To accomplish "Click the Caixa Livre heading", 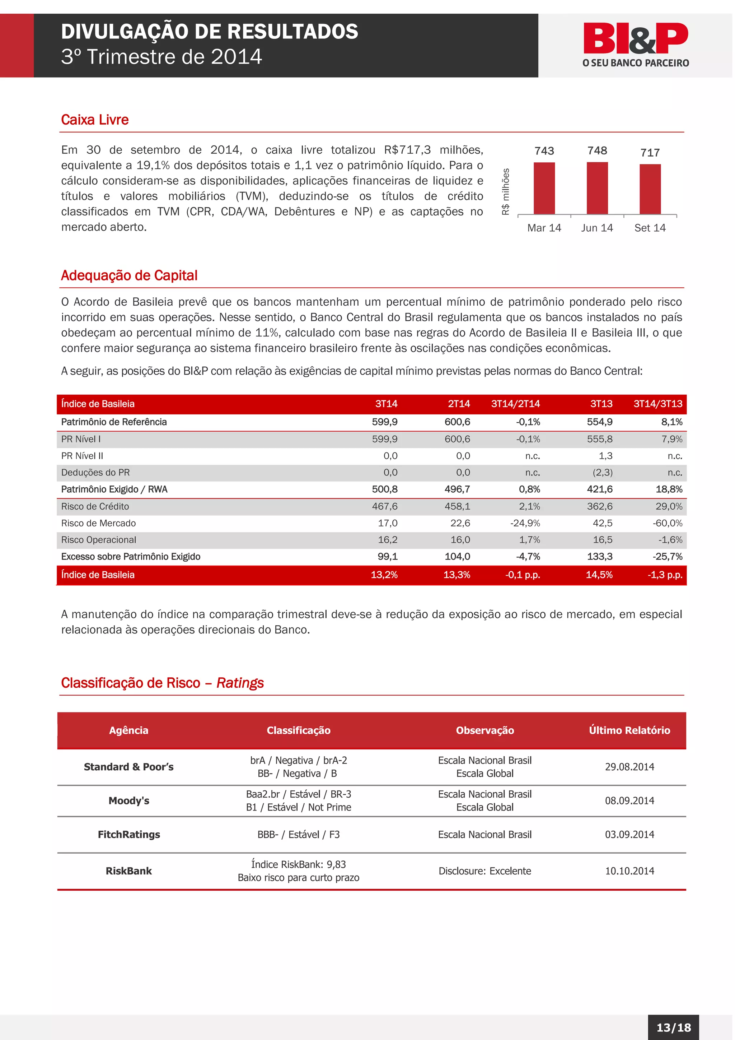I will tap(95, 120).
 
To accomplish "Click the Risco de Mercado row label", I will tap(98, 523).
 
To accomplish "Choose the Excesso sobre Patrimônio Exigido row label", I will tap(130, 557).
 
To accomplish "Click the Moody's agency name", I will tap(128, 801).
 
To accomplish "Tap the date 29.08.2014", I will tap(629, 767).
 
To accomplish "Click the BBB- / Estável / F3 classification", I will tap(298, 834).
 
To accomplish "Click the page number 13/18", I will tap(673, 1027).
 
